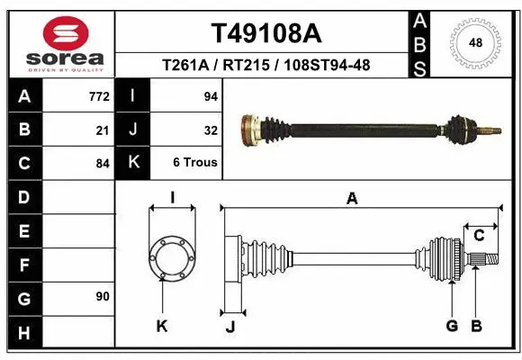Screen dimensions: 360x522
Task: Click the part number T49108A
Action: click(x=265, y=33)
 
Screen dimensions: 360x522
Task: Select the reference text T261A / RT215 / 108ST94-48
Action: click(x=265, y=65)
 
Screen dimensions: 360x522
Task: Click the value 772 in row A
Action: click(x=97, y=96)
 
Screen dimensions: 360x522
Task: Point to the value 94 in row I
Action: click(x=211, y=96)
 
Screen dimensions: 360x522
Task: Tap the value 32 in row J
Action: click(x=211, y=130)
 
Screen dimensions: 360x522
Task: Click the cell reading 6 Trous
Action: click(x=195, y=163)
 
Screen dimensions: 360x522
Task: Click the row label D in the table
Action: click(x=23, y=196)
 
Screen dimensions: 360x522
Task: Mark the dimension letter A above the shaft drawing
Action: click(x=352, y=198)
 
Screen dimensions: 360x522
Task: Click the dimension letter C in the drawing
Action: click(x=480, y=236)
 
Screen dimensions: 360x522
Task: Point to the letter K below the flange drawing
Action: click(x=162, y=326)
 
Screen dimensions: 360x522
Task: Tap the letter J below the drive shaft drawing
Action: click(x=229, y=326)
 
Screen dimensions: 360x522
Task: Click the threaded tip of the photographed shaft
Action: click(x=492, y=133)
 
